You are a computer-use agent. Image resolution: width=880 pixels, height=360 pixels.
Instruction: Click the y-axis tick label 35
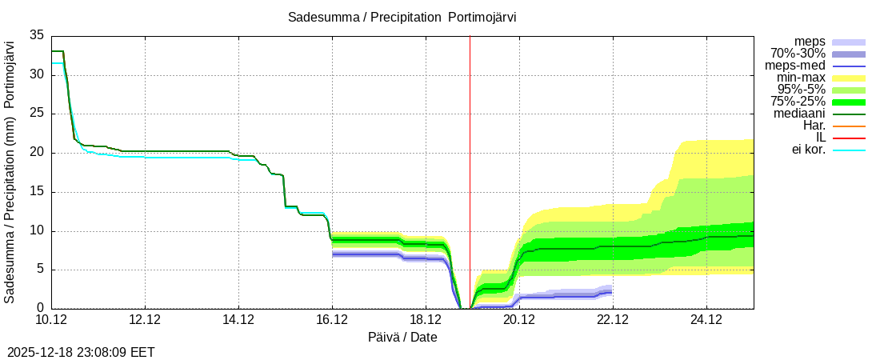[37, 35]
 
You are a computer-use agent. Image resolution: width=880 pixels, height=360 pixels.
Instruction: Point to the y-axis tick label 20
[37, 153]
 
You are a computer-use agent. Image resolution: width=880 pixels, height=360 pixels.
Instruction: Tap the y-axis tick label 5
[40, 270]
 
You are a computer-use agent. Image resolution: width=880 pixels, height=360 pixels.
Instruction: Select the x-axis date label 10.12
[51, 320]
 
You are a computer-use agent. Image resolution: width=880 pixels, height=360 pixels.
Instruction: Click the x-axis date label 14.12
[238, 320]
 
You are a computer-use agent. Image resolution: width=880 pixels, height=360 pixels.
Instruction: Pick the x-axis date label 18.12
[426, 320]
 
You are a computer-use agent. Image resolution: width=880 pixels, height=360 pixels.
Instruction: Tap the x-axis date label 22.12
[613, 320]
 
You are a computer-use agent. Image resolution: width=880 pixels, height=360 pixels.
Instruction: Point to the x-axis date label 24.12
[706, 320]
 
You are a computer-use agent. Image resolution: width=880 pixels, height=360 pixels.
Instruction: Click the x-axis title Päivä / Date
[402, 338]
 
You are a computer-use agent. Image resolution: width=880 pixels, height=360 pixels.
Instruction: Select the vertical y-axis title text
[10, 172]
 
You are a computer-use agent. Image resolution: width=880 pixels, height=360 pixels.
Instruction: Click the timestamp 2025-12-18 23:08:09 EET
[81, 351]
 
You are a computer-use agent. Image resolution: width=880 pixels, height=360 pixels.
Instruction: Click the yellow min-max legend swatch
[849, 78]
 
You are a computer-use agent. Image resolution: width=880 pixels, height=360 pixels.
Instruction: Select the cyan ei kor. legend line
[849, 150]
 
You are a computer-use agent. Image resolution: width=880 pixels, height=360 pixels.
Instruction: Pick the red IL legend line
[849, 138]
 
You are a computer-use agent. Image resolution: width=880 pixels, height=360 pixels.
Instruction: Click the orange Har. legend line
[849, 126]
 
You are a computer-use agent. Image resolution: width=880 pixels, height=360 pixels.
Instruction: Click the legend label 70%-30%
[798, 54]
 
